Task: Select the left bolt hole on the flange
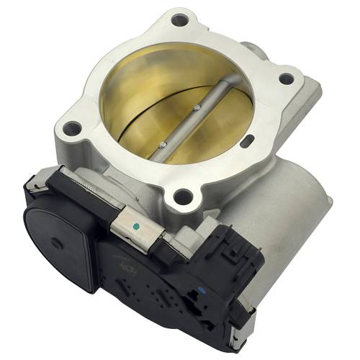point(72,130)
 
